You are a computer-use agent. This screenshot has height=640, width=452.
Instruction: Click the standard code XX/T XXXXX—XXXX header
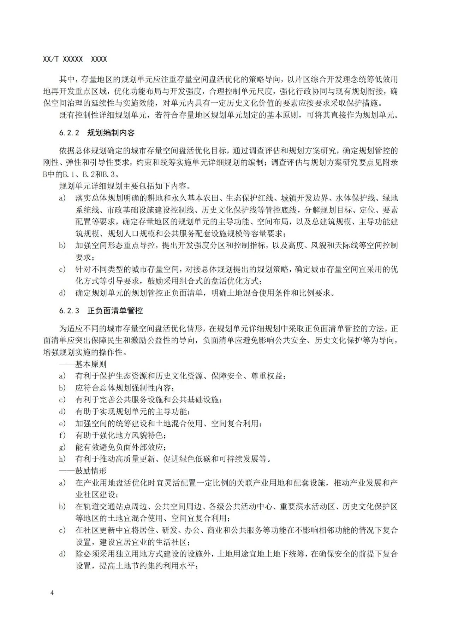[x=75, y=59]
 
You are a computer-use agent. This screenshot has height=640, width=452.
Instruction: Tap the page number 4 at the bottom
[x=52, y=593]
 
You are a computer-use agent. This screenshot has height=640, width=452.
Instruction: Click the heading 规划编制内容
[x=111, y=133]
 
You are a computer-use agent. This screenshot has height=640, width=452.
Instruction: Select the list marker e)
[x=63, y=423]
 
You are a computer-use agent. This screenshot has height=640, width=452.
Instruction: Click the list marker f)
[x=63, y=435]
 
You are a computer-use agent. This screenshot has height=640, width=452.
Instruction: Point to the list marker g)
[x=63, y=447]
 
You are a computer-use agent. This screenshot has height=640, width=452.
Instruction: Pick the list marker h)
[x=63, y=459]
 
